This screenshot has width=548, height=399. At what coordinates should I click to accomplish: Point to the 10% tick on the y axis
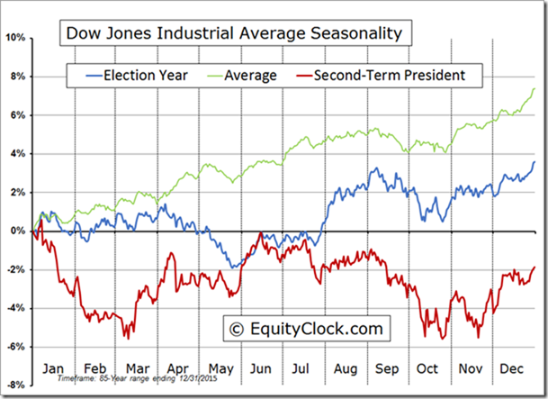tap(17, 38)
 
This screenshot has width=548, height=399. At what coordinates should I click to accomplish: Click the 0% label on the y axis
tap(19, 231)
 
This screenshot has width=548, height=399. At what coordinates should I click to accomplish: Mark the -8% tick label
tap(17, 385)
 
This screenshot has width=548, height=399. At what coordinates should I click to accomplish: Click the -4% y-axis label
tap(17, 308)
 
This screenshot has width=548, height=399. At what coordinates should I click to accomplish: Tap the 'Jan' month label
tap(53, 367)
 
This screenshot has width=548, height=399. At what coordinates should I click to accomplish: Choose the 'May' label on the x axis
tap(221, 367)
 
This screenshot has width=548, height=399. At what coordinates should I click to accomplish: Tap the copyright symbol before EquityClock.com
tap(238, 328)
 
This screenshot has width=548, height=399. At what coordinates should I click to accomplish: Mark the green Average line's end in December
tap(535, 87)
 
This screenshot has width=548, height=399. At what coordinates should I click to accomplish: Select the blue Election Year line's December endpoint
tap(535, 162)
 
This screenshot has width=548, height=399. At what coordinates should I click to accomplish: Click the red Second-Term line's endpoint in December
tap(535, 267)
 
